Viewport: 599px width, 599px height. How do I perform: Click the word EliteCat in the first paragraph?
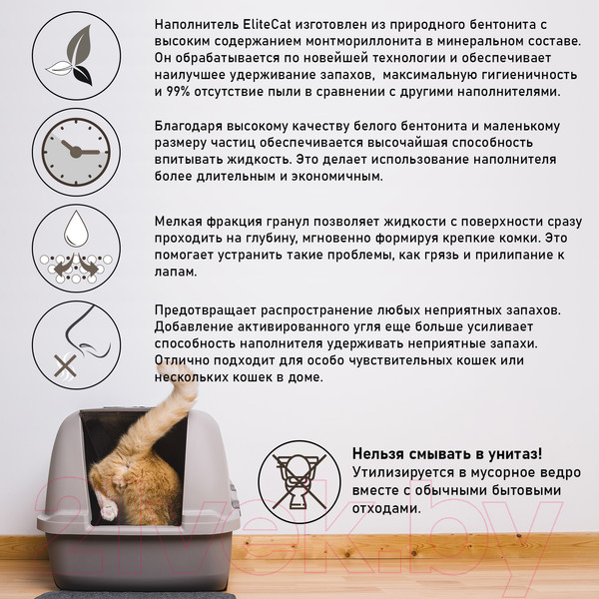(267, 24)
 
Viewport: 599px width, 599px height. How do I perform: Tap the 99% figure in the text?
(178, 92)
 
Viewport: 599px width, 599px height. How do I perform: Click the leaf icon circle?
(77, 56)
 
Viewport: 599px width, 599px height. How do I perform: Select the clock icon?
(76, 152)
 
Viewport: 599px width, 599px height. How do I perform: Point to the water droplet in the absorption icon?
(76, 229)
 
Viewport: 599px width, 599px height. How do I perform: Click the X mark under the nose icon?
(65, 365)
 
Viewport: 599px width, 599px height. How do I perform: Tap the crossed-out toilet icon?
(299, 482)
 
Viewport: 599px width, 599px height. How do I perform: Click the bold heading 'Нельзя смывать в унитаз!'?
(447, 454)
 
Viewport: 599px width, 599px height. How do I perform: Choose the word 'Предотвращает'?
(205, 310)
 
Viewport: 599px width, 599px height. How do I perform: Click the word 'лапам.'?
(176, 272)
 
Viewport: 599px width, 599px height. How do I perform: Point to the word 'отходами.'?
(386, 508)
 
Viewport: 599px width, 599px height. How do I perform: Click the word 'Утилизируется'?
(403, 473)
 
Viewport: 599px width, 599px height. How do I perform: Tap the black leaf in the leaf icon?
(83, 75)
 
